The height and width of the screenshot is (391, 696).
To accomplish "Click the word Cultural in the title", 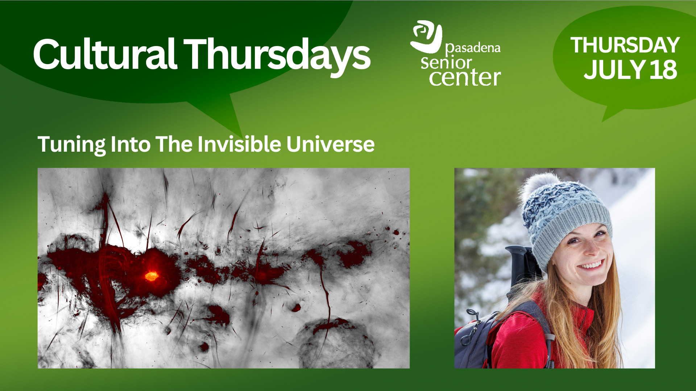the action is click(105, 54).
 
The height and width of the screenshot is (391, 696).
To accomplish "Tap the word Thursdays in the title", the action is click(277, 56).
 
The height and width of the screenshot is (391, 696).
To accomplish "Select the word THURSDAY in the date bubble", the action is click(625, 45).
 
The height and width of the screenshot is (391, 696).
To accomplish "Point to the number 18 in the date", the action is click(663, 70).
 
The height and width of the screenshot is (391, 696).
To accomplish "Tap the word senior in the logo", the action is click(446, 63).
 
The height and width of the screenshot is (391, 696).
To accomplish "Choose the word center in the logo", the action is click(465, 77).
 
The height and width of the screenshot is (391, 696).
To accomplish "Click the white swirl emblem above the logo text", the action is click(426, 36).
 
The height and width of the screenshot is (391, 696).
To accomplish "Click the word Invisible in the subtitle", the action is click(239, 144).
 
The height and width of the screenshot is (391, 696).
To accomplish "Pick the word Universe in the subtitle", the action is click(330, 144).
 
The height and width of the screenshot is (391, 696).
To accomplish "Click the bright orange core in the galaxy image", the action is click(151, 276).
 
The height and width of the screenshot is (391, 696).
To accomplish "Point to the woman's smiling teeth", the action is click(592, 265).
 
